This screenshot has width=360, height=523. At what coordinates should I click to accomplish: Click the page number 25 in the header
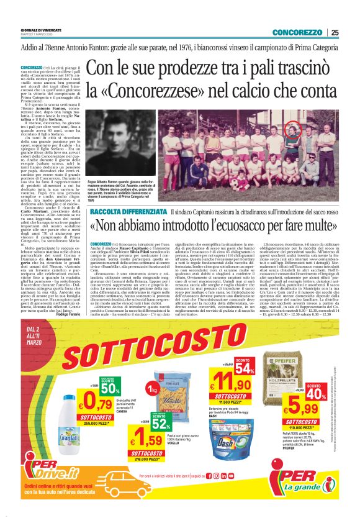pyautogui.click(x=335, y=32)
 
